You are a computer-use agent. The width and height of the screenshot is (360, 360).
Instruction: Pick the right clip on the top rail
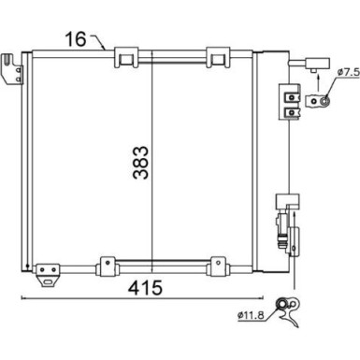(x=217, y=57)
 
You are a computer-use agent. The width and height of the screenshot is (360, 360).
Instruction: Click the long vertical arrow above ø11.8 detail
(x=296, y=248)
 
